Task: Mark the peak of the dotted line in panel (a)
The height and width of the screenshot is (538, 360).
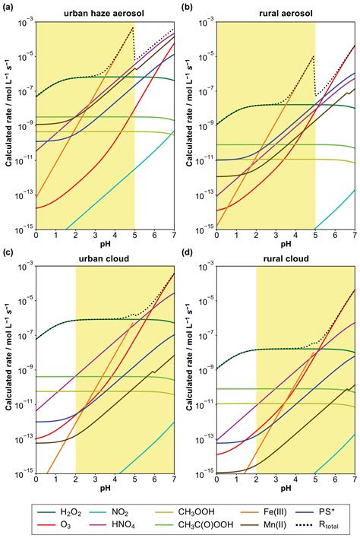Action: [x=132, y=27]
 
